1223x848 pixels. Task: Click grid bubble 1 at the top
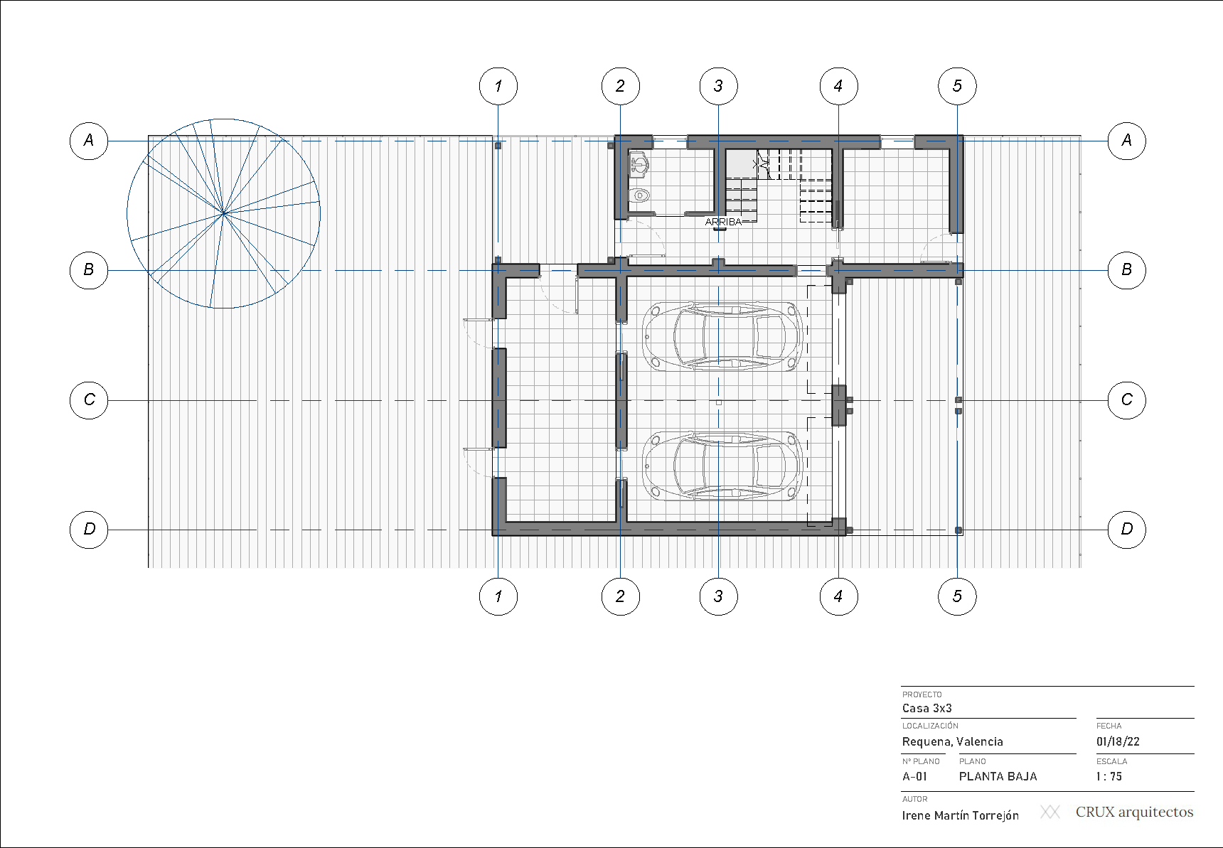pos(498,87)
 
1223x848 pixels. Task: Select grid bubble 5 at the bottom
pos(957,596)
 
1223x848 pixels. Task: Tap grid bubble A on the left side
pos(89,141)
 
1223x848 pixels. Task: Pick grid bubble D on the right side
pos(1127,530)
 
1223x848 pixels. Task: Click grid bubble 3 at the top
pos(718,87)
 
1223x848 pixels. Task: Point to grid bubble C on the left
pos(89,400)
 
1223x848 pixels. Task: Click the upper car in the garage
pos(722,336)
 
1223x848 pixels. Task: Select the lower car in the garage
pos(722,466)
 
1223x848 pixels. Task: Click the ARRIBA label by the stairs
pos(723,222)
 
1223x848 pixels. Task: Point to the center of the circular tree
pos(223,213)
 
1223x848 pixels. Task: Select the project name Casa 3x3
pos(926,708)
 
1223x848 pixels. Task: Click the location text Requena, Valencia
pos(952,741)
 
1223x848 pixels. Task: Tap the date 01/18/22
pos(1118,741)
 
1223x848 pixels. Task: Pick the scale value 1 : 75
pos(1109,776)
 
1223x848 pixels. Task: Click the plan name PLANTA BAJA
pos(998,776)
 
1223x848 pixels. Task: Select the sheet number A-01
pos(914,776)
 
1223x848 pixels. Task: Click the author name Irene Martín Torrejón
pos(960,815)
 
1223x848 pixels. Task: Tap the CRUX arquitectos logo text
pos(1134,812)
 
